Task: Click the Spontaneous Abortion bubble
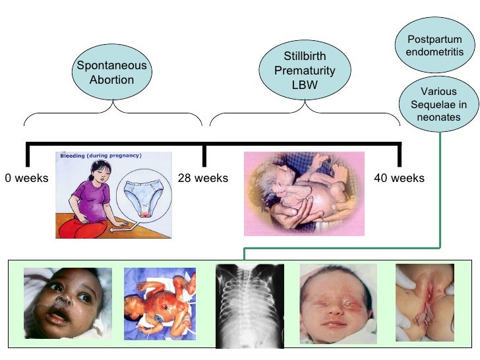[x=112, y=73]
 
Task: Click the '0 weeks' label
[x=26, y=178]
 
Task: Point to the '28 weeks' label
[x=203, y=178]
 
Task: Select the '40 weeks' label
[x=399, y=178]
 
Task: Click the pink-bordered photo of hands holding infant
[x=304, y=194]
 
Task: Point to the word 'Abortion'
[x=112, y=80]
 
